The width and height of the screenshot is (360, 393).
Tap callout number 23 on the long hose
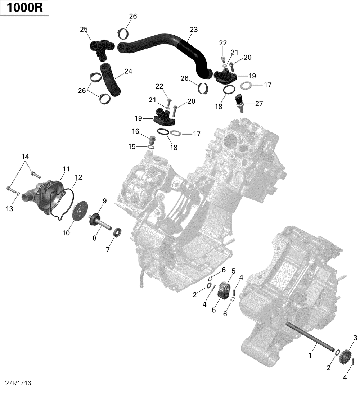[194, 30]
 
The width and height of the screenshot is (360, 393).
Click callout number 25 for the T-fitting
[84, 30]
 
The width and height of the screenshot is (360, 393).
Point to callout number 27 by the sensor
[259, 104]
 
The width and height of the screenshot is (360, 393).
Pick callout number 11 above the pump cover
[66, 169]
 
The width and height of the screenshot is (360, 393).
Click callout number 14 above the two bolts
[25, 157]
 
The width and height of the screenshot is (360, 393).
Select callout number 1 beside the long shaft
[310, 356]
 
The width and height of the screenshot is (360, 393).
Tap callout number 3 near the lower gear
[355, 338]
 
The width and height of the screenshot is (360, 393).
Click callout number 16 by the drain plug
[135, 132]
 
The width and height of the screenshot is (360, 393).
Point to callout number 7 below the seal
[108, 249]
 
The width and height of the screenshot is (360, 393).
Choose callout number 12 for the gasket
[78, 177]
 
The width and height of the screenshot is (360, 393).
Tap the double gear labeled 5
[224, 290]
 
